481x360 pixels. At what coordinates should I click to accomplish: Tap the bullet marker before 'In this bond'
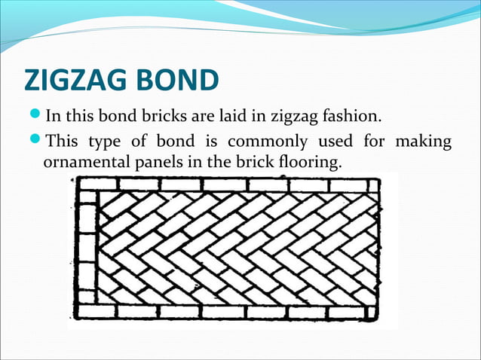click(36, 117)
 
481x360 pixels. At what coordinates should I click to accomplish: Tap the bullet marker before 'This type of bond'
click(36, 142)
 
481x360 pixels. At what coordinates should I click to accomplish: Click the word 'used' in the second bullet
click(334, 142)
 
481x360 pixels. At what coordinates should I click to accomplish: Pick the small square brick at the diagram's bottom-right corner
click(370, 311)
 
